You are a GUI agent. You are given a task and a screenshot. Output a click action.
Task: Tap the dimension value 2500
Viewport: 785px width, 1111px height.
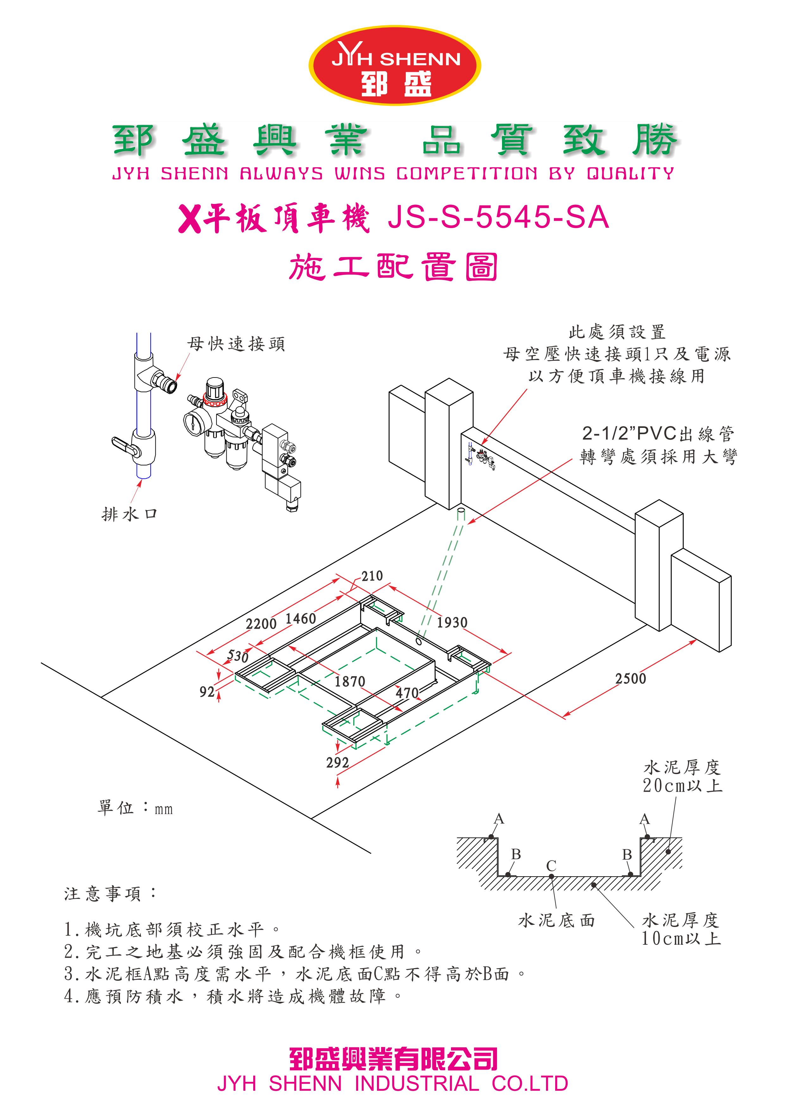point(630,679)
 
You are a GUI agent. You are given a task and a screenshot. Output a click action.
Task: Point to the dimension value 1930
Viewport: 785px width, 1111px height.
point(452,622)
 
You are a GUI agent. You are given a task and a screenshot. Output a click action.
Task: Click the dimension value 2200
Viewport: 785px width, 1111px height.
point(261,624)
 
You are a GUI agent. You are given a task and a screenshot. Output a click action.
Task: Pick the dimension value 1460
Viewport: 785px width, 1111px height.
point(300,619)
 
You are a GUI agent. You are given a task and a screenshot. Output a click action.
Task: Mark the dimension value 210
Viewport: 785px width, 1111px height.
point(372,576)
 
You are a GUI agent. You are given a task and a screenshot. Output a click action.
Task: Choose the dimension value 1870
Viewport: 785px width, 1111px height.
point(350,682)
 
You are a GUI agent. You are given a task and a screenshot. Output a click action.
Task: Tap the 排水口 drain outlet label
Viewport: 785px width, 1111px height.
point(130,514)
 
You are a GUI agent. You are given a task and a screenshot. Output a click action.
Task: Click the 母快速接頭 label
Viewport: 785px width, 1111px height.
point(236,344)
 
